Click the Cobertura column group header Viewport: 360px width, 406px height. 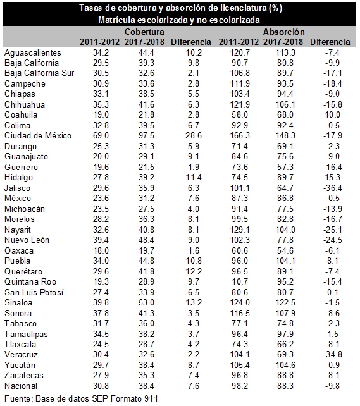[x=144, y=32]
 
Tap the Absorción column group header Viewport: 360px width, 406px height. [x=283, y=32]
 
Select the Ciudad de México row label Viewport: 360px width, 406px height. [x=38, y=136]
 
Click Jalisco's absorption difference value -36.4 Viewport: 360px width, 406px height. [x=333, y=188]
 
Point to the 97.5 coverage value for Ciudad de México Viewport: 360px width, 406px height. [x=146, y=136]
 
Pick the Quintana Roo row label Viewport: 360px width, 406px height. [x=30, y=281]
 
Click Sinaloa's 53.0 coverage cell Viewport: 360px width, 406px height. [x=146, y=302]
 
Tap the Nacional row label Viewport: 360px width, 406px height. [x=21, y=386]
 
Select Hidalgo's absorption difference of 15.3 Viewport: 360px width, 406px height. [x=333, y=177]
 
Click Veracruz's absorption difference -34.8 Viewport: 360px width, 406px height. [x=333, y=355]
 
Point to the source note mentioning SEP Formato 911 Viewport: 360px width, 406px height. [x=81, y=398]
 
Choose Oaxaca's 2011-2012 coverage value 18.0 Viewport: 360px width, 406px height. [x=101, y=250]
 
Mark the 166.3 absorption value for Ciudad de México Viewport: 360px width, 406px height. [x=240, y=136]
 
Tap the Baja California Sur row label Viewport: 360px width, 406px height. [x=39, y=73]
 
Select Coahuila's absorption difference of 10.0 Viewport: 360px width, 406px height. [x=333, y=114]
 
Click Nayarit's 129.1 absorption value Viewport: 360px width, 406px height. [x=240, y=230]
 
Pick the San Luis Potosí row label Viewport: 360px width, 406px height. [x=34, y=292]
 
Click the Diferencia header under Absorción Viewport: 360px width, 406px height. [x=330, y=42]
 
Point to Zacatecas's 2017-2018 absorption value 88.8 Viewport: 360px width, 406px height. [x=285, y=375]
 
